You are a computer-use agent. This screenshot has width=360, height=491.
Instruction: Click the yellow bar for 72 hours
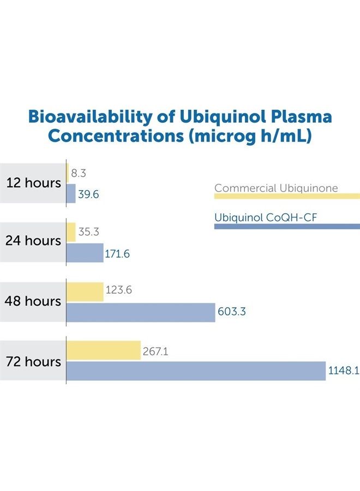click(x=104, y=350)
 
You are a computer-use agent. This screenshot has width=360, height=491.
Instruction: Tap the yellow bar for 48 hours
click(x=85, y=291)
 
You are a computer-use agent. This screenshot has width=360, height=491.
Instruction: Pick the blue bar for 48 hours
click(x=141, y=312)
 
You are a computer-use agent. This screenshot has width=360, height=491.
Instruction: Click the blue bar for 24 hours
click(x=85, y=253)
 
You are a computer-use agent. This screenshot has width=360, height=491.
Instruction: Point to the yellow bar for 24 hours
click(x=71, y=232)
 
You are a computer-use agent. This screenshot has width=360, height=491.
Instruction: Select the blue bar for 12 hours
click(x=71, y=194)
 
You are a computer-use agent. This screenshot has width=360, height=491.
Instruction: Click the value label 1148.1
click(x=343, y=371)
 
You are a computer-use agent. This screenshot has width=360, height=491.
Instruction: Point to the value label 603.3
click(x=232, y=312)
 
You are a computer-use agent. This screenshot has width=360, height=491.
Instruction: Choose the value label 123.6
click(x=119, y=291)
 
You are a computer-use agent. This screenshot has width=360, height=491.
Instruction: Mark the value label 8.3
click(x=79, y=174)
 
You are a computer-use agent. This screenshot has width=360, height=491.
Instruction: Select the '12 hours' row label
click(x=33, y=183)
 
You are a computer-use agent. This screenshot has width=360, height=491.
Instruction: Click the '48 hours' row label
click(x=33, y=301)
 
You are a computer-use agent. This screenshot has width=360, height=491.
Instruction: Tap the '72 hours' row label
click(x=33, y=361)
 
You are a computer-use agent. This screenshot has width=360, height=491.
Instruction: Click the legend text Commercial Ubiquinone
click(x=276, y=188)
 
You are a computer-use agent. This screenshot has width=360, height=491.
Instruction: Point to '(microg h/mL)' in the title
click(x=250, y=136)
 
